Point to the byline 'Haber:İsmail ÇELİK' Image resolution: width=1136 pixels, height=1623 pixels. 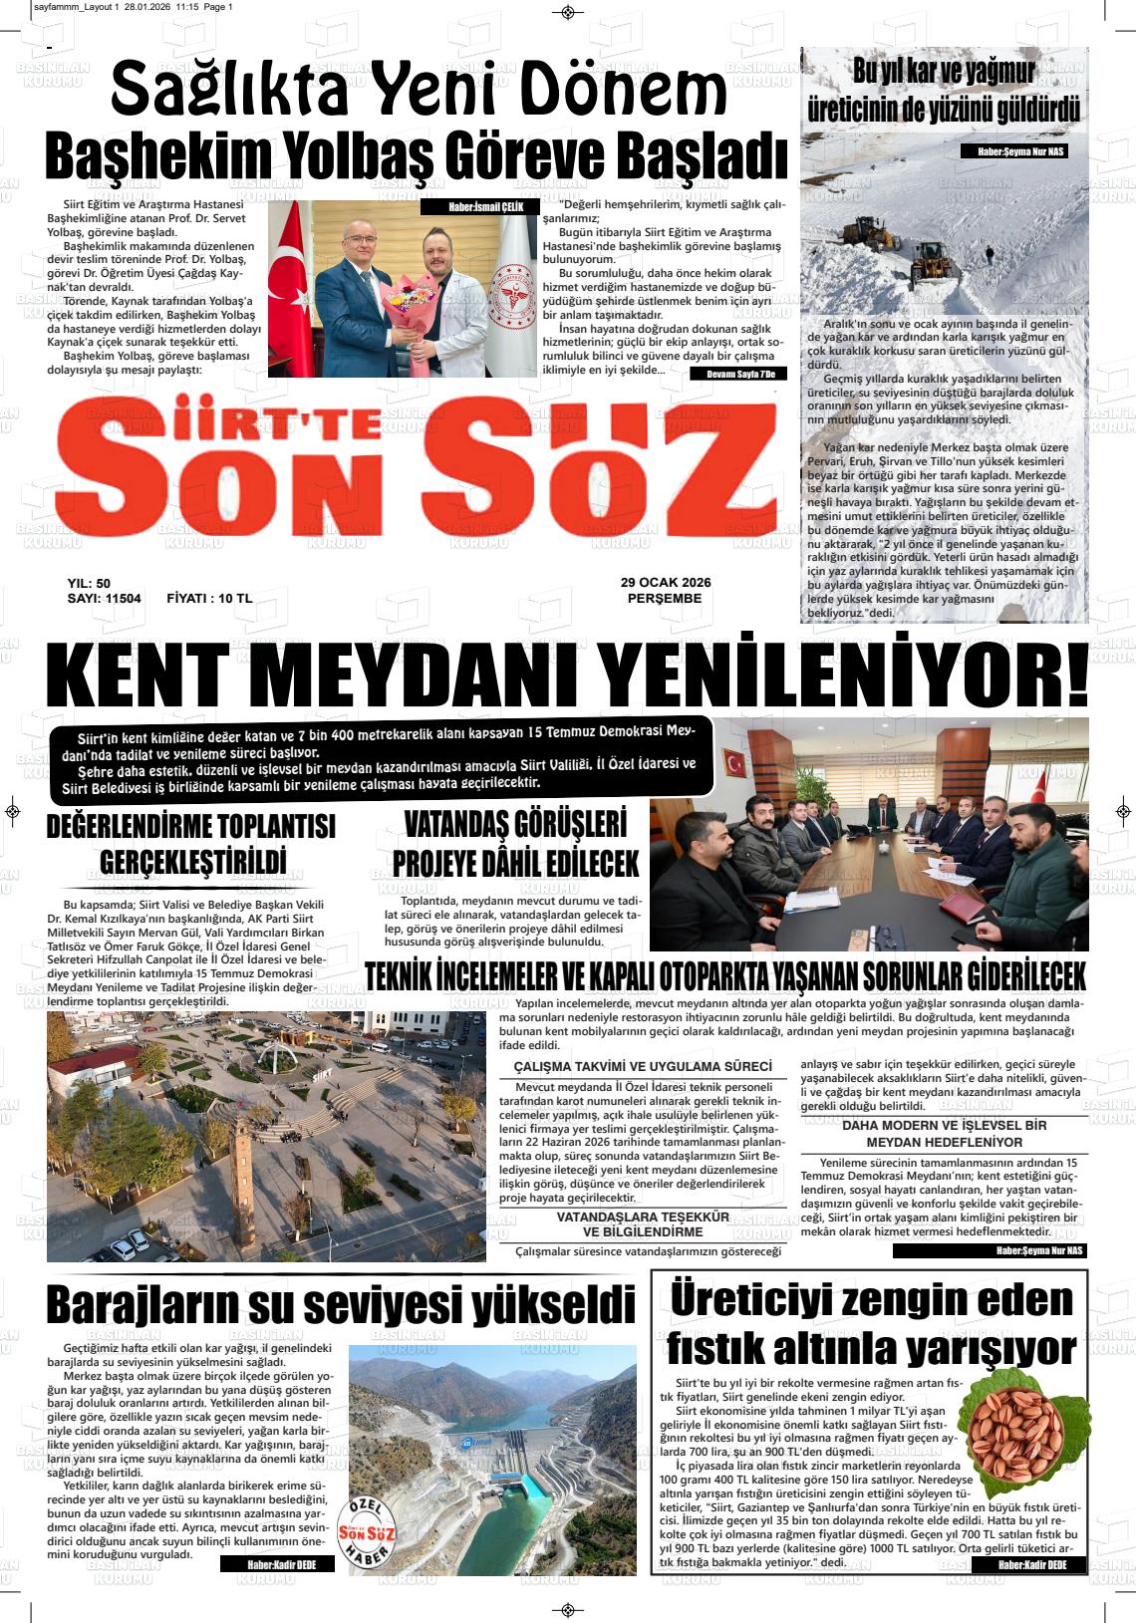point(479,207)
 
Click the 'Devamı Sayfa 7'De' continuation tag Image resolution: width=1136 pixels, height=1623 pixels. point(738,374)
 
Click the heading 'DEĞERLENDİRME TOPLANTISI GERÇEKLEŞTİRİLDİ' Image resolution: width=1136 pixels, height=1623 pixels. point(191,843)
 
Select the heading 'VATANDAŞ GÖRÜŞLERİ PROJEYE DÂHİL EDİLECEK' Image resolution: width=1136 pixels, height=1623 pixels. point(515,842)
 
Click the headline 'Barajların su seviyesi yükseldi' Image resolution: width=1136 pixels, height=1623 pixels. point(341,1303)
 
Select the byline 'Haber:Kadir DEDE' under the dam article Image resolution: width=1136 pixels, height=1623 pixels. point(277,1565)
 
